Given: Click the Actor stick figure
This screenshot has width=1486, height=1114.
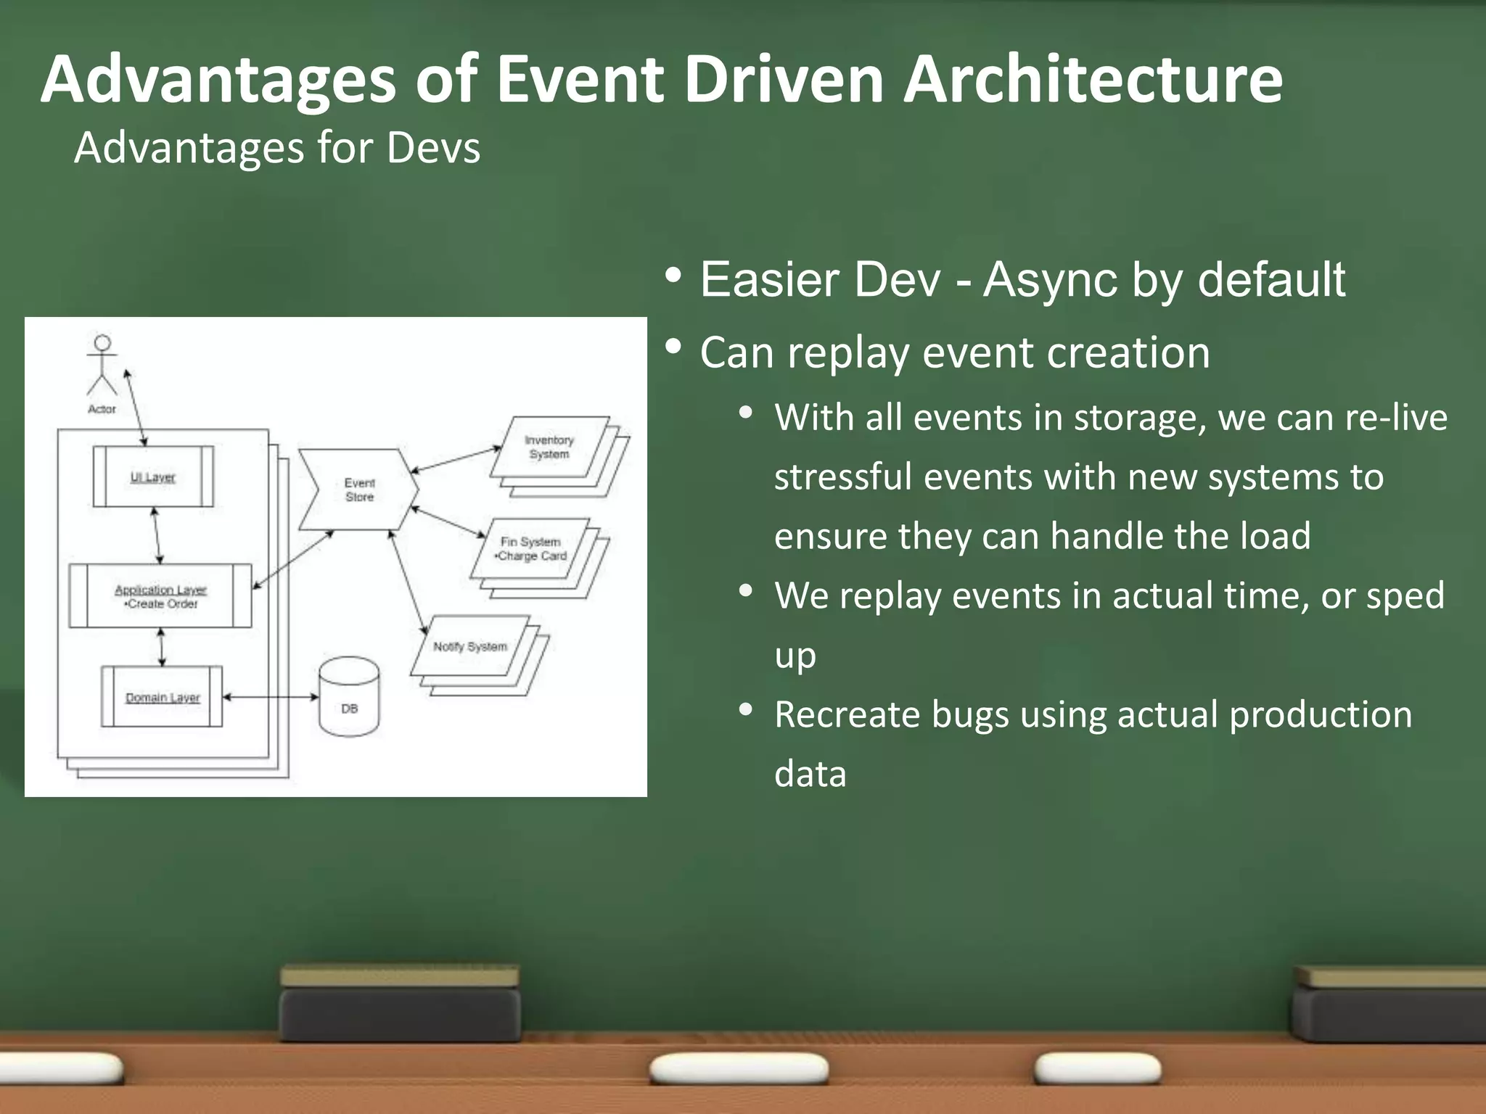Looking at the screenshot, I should click(102, 364).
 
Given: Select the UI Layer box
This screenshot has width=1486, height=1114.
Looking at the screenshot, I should click(153, 476).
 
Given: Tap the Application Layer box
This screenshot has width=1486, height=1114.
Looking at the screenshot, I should click(160, 596).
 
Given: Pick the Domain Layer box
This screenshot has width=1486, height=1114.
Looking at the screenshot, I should click(162, 697).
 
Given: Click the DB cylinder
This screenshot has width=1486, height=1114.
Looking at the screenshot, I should click(349, 698).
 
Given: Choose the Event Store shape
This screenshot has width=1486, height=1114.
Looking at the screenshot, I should click(359, 490).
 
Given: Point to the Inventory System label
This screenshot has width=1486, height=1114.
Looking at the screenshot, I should click(549, 447).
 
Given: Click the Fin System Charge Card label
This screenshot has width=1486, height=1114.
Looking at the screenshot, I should click(531, 549).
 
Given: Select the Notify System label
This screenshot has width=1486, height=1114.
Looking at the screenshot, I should click(470, 646).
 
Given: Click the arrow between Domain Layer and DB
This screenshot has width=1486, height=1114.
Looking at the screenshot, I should click(271, 697).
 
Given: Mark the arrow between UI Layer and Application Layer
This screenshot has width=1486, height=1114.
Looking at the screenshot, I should click(157, 535).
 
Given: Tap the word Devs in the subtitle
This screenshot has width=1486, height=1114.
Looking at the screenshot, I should click(433, 148).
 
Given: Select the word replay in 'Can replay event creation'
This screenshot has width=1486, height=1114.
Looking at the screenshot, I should click(848, 355).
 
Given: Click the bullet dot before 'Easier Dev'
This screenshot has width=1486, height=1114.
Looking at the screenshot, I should click(673, 276).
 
